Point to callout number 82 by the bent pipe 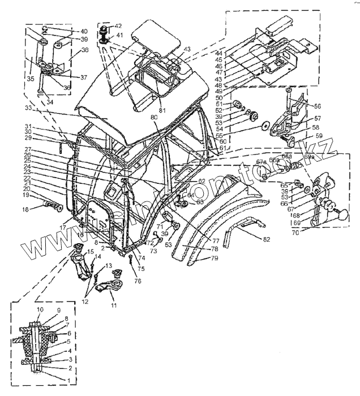click(267, 239)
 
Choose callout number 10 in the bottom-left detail click(40, 311)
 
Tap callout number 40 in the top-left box click(83, 31)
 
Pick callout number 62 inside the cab click(201, 181)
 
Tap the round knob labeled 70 click(341, 215)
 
